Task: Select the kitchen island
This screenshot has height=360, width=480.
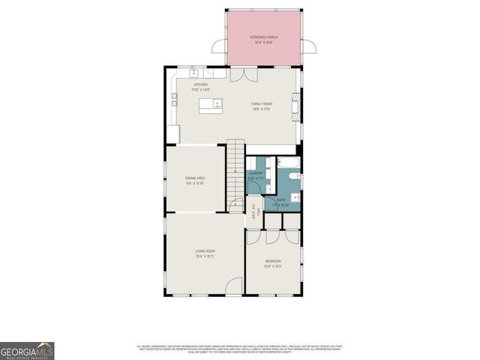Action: [211, 106]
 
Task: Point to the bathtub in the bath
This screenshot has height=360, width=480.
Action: [289, 162]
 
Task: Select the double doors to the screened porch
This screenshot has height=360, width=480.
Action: [241, 74]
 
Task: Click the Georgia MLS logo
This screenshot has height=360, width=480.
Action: [27, 351]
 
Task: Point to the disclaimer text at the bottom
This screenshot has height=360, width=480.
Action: [240, 349]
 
